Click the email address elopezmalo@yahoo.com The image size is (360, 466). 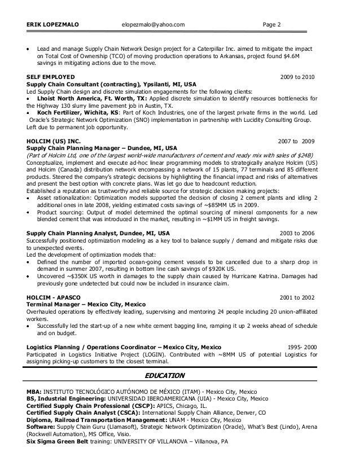(x=153, y=24)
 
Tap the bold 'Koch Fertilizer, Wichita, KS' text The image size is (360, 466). (x=73, y=112)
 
